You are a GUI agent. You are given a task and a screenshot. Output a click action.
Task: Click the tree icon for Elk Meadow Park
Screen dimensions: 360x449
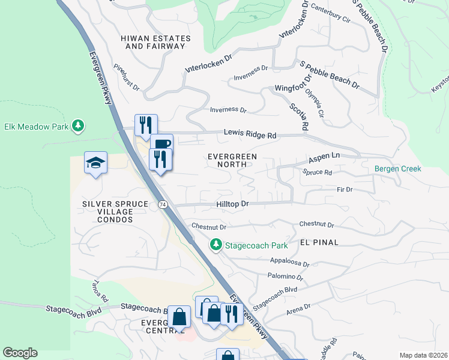pos(77,126)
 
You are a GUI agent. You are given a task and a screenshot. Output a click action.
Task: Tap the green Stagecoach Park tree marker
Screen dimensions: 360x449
pos(215,245)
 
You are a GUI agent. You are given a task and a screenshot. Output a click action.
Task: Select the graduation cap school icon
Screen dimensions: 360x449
pos(95,163)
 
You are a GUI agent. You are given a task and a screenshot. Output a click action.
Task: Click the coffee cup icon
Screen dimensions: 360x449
pos(161,144)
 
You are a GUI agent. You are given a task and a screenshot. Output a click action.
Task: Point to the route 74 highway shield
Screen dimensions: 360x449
pos(163,205)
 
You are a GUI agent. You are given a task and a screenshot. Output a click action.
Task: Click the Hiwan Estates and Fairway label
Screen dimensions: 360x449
pos(155,42)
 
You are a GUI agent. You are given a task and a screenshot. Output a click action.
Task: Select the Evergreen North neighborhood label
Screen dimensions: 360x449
pos(232,160)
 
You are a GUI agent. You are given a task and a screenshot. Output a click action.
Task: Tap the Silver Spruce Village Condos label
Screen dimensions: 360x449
pos(115,212)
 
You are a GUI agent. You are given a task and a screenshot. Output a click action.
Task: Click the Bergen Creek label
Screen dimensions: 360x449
pos(398,169)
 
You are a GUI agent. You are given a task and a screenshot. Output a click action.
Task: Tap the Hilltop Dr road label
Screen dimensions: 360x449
pos(232,204)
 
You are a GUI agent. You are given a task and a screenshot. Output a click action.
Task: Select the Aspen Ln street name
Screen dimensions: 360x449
pos(324,158)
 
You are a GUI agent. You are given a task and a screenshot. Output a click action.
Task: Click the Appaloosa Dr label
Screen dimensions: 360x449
pos(289,263)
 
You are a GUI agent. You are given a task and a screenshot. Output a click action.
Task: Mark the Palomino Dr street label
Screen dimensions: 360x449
pos(286,277)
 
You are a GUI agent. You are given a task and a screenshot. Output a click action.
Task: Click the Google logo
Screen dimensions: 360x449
pos(20,353)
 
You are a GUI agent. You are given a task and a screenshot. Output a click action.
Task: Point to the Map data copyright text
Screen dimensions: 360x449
pos(423,355)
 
